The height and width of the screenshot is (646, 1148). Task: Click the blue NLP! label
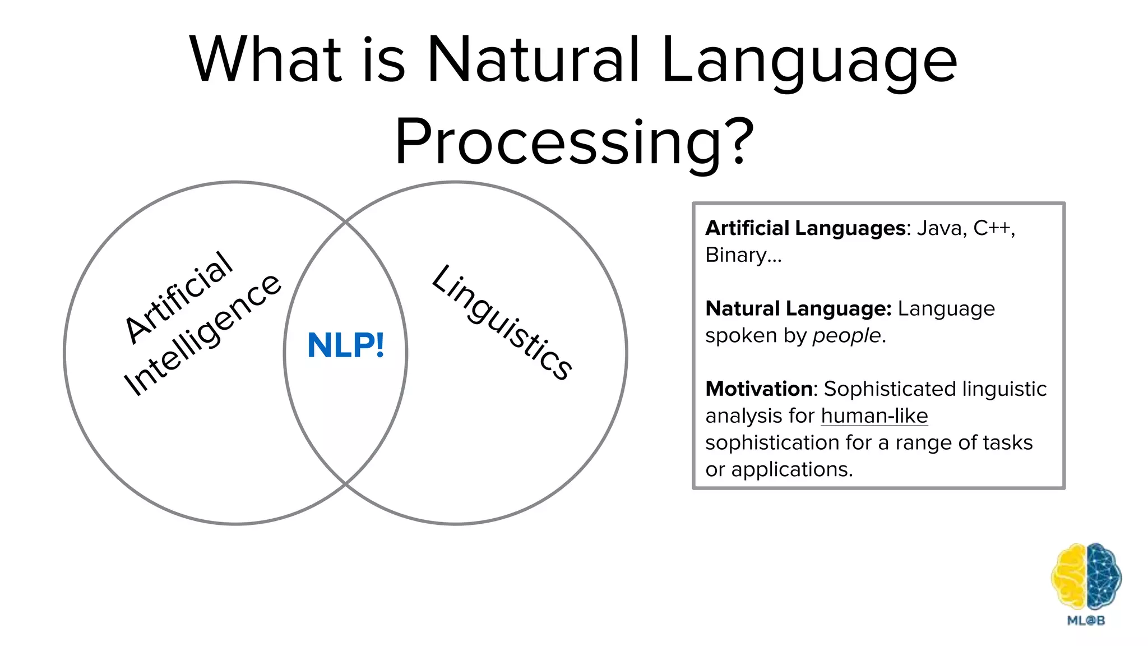346,345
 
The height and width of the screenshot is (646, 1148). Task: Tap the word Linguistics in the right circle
502,322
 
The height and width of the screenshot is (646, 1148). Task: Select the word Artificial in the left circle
178,297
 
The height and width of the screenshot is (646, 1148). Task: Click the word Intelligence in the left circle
202,335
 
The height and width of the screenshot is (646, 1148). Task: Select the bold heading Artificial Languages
805,228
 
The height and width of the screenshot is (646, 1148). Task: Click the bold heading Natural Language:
798,308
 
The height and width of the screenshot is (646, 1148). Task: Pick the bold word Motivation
759,389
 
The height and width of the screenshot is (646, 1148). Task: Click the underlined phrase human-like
874,416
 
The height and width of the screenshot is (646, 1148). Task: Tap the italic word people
846,335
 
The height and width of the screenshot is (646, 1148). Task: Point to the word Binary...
735,255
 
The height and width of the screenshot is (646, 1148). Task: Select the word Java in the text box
939,228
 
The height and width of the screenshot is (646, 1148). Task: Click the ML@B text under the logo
1086,620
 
